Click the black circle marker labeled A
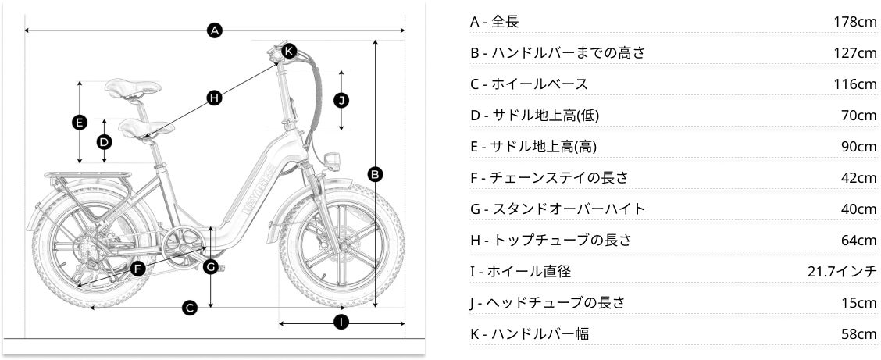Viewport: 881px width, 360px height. (x=215, y=30)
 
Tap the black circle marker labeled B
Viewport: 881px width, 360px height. (x=375, y=173)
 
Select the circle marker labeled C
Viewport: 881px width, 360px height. (x=189, y=308)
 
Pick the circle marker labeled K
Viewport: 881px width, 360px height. (x=289, y=51)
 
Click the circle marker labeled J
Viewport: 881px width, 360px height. (x=341, y=99)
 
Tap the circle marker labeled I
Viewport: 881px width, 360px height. (x=341, y=322)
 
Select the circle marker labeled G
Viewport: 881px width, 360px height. (x=211, y=266)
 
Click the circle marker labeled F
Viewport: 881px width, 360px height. (x=137, y=269)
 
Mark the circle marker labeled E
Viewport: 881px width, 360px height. (x=79, y=122)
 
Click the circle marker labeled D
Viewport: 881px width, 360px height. (x=104, y=141)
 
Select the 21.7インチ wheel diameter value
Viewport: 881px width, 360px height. (x=842, y=271)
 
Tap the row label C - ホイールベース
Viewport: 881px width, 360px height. (x=529, y=84)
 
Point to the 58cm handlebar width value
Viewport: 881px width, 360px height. (x=858, y=333)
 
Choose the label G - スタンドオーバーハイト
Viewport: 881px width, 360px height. (x=558, y=209)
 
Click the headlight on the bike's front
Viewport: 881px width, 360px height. (x=331, y=160)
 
